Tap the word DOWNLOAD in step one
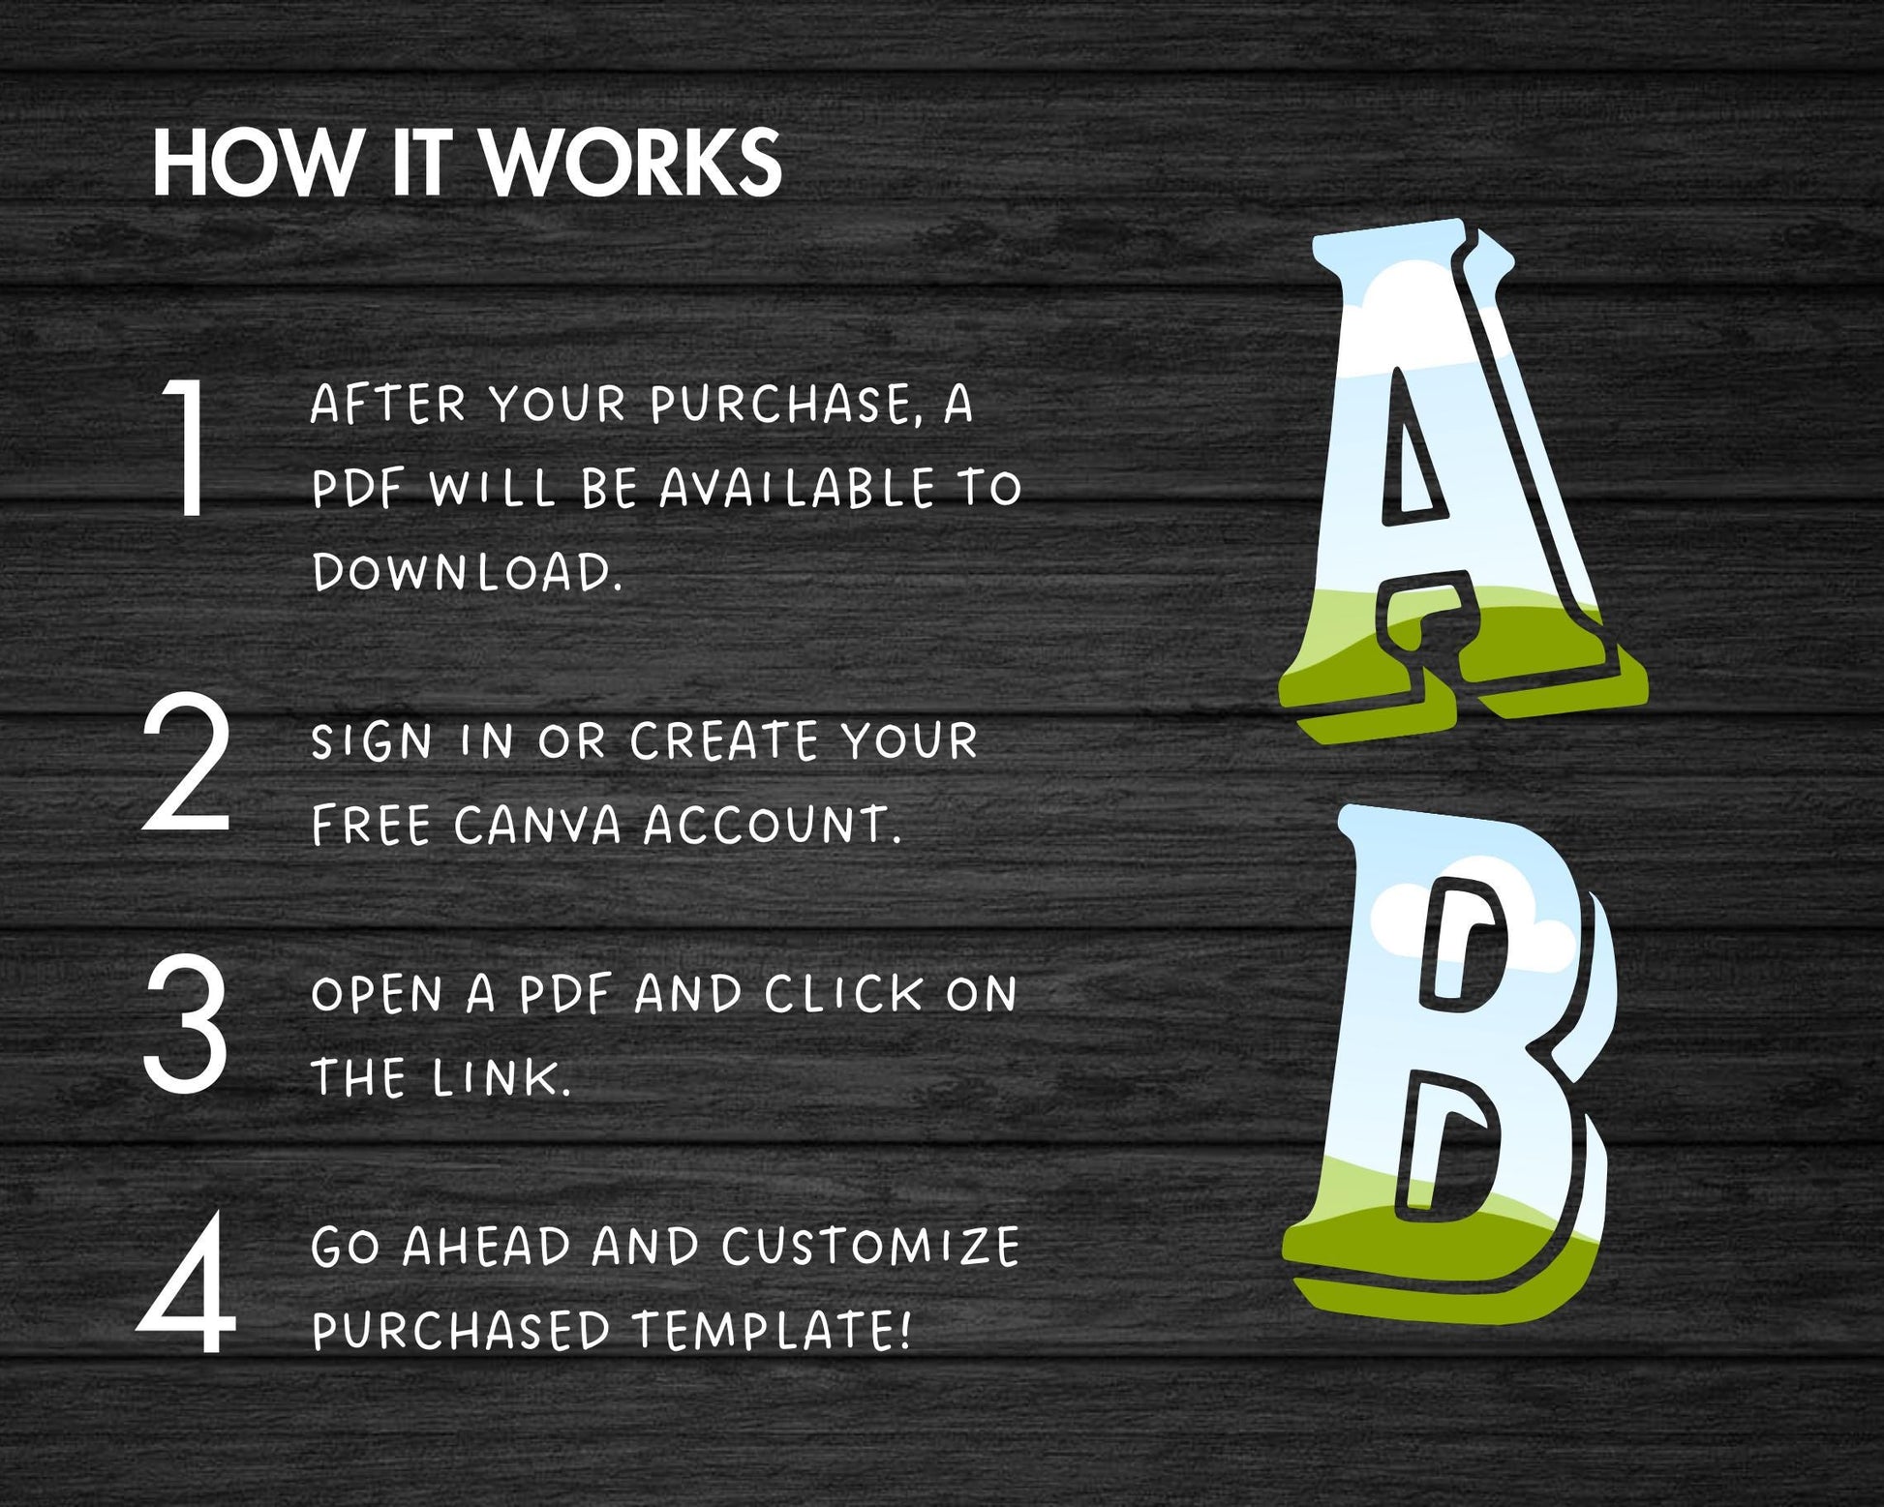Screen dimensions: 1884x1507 pos(466,572)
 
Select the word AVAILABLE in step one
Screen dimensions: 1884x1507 pos(797,488)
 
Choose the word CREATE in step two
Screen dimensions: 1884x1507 pos(723,742)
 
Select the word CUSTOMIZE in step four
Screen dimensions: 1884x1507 pos(870,1247)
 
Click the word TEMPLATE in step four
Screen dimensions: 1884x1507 pos(772,1331)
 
